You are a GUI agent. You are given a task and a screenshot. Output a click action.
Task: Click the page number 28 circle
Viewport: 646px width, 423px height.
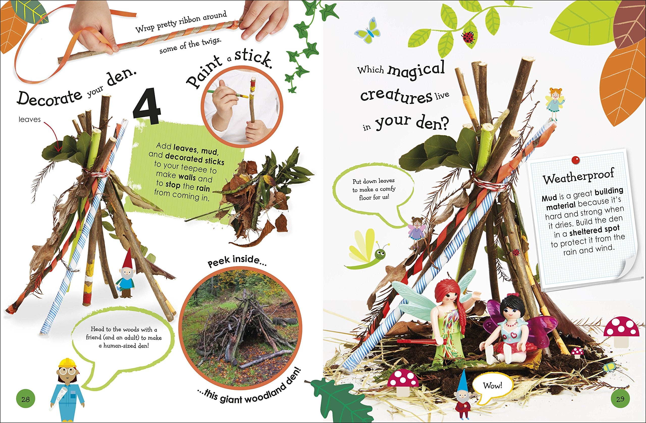pyautogui.click(x=25, y=399)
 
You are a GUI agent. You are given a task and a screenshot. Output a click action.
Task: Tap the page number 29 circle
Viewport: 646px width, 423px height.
pyautogui.click(x=621, y=399)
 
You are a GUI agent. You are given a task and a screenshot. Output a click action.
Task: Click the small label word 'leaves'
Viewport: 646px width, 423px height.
pyautogui.click(x=30, y=119)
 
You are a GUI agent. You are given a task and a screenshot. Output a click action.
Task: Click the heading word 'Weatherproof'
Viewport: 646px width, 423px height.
pyautogui.click(x=578, y=177)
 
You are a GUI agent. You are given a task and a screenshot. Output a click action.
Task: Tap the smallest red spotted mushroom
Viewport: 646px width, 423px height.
pyautogui.click(x=577, y=353)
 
